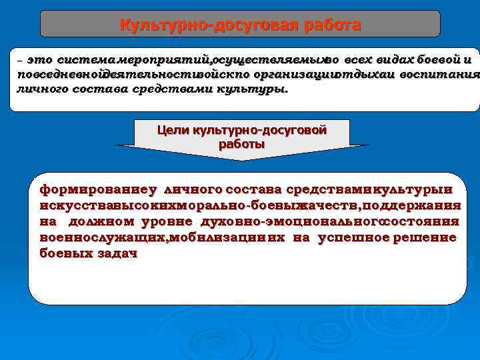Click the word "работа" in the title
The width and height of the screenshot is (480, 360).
[x=332, y=25]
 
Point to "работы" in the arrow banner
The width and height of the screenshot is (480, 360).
[x=241, y=143]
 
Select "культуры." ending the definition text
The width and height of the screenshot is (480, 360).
[x=255, y=89]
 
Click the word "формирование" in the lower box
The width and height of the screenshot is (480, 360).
[x=86, y=189]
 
